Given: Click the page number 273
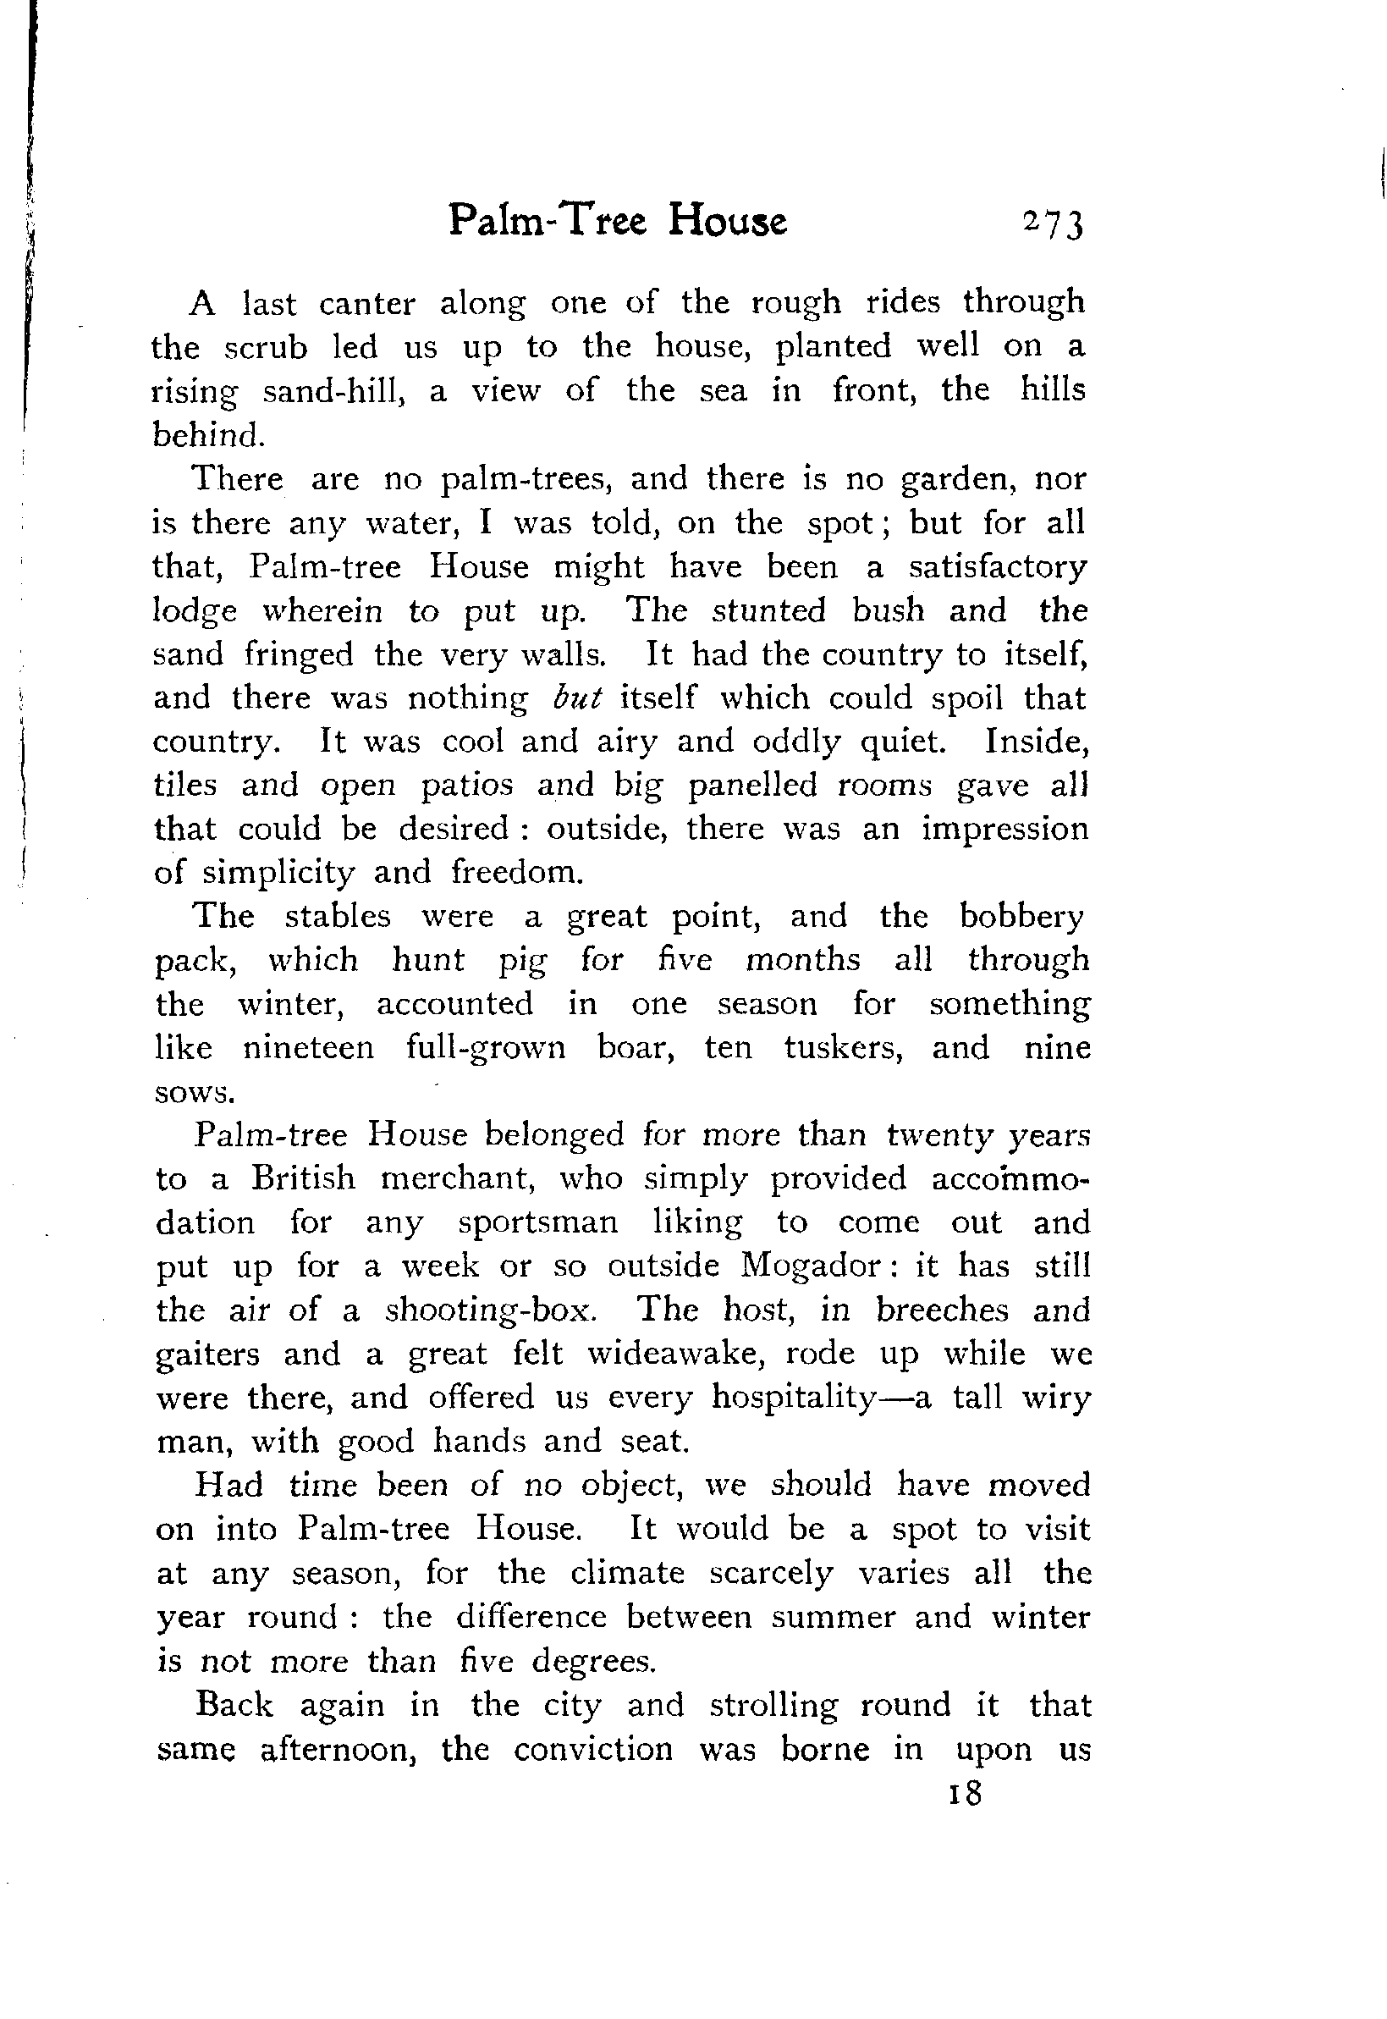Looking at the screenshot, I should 1054,224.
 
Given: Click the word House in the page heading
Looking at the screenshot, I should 728,221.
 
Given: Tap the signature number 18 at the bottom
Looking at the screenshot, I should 966,1792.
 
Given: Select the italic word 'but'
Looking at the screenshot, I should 576,698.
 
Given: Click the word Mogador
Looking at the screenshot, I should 810,1266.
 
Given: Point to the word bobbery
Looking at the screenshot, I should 1021,916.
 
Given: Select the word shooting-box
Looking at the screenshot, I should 490,1310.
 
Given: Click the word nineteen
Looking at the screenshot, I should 308,1047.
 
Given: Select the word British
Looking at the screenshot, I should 303,1178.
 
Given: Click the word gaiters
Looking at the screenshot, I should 207,1355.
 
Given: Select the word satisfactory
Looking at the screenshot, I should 997,567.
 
